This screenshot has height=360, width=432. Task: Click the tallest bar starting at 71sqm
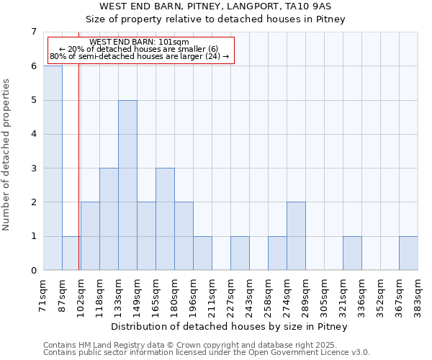pyautogui.click(x=53, y=168)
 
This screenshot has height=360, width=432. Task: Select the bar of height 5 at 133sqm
pyautogui.click(x=127, y=185)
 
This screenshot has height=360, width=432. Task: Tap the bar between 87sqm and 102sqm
pyautogui.click(x=71, y=253)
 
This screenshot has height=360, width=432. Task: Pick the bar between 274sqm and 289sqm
pyautogui.click(x=296, y=236)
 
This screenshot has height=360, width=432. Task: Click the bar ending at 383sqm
pyautogui.click(x=408, y=253)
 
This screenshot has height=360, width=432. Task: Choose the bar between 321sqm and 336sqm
pyautogui.click(x=352, y=253)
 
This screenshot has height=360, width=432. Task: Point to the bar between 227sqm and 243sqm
pyautogui.click(x=240, y=253)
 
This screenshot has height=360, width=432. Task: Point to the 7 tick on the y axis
pyautogui.click(x=33, y=32)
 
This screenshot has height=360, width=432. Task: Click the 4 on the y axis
pyautogui.click(x=33, y=134)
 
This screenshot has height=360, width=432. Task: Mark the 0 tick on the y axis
pyautogui.click(x=33, y=271)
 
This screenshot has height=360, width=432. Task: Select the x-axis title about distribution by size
pyautogui.click(x=230, y=327)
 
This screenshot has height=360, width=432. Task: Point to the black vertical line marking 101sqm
pyautogui.click(x=78, y=180)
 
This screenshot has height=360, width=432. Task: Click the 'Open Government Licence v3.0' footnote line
pyautogui.click(x=207, y=352)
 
